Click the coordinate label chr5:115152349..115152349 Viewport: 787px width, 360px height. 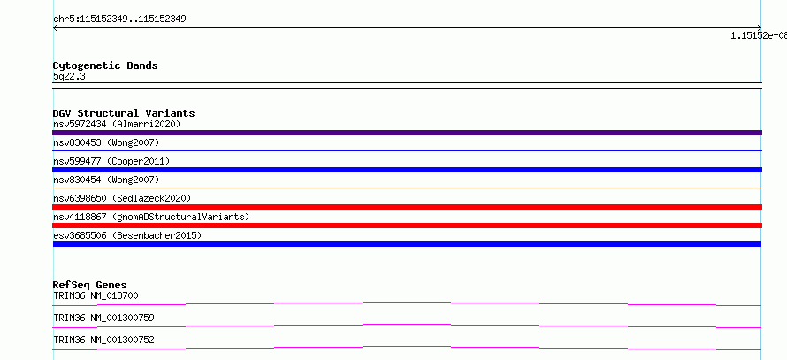click(x=119, y=19)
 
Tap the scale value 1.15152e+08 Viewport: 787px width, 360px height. click(x=759, y=35)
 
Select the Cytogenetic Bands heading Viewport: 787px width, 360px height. click(x=105, y=65)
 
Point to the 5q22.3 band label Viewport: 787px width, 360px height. click(x=65, y=76)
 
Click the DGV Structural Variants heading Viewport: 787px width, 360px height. click(x=124, y=113)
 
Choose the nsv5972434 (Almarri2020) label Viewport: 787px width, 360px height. click(x=117, y=124)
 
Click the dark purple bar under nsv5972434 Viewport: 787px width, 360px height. click(x=407, y=133)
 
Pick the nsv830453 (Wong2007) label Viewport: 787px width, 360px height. click(x=106, y=142)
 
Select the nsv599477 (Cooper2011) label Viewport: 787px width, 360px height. click(x=111, y=161)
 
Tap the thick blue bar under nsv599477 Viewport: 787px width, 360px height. click(x=407, y=170)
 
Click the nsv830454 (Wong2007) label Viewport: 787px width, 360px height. click(x=106, y=180)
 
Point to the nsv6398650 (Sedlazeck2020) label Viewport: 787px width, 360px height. click(x=122, y=198)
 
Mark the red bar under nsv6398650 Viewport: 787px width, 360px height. click(x=407, y=207)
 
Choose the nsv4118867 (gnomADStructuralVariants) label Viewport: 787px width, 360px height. click(x=151, y=217)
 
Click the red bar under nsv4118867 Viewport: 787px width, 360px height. click(x=407, y=226)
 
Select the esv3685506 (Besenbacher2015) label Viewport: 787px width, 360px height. click(x=127, y=235)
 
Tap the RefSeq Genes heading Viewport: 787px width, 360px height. click(x=90, y=286)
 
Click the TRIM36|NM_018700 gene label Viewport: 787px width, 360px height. click(x=96, y=295)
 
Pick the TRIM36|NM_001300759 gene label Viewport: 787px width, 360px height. click(x=103, y=318)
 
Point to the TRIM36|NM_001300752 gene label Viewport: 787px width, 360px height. click(x=103, y=340)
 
